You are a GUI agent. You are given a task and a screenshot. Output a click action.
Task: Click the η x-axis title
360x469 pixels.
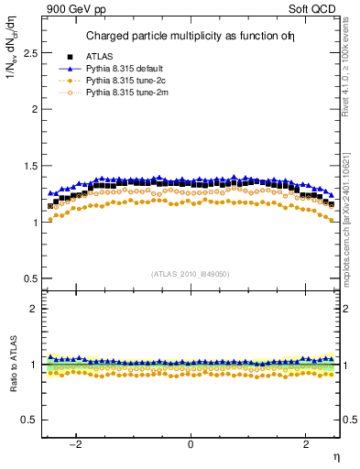click(335, 455)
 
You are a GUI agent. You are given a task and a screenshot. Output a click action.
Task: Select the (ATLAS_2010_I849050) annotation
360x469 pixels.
click(191, 273)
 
